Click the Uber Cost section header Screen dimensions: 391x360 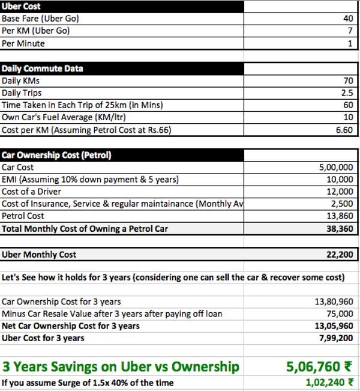click(x=22, y=6)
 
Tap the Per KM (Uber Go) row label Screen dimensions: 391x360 click(x=37, y=31)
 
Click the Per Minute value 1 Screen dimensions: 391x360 click(x=350, y=44)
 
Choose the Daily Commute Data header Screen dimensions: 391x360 click(x=43, y=68)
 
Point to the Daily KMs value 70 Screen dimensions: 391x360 click(x=347, y=81)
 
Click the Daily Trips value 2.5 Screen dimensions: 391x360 click(x=346, y=94)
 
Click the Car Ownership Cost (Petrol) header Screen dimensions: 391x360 click(x=56, y=156)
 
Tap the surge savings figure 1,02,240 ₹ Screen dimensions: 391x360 click(x=325, y=382)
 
